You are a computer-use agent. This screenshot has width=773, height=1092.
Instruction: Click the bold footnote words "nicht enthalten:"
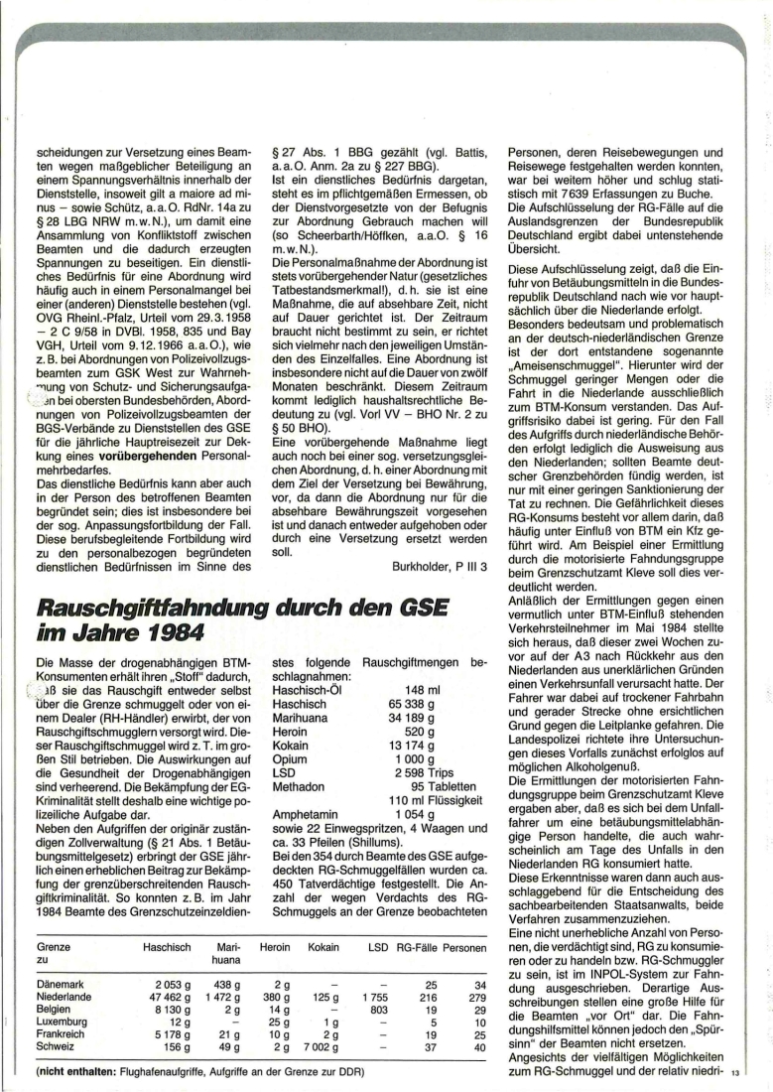[74, 1073]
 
